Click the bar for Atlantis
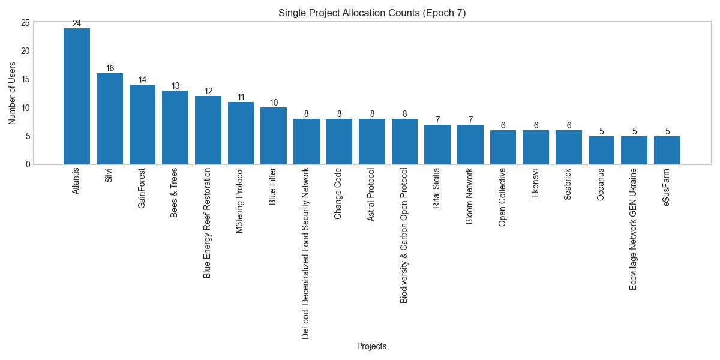tap(77, 96)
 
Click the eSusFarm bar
tap(667, 150)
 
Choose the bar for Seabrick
tap(568, 147)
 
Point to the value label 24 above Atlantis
tap(77, 24)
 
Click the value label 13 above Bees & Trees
tap(175, 86)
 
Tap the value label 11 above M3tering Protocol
tap(241, 98)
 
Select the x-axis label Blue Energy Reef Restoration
tap(208, 223)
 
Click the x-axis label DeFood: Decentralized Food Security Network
tap(306, 253)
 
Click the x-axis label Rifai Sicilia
tap(437, 188)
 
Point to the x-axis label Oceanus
tap(601, 184)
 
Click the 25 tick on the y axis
tap(25, 23)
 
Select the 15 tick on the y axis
tap(25, 80)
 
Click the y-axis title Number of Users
tap(12, 93)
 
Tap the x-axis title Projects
tap(371, 346)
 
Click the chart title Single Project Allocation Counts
tap(372, 13)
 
